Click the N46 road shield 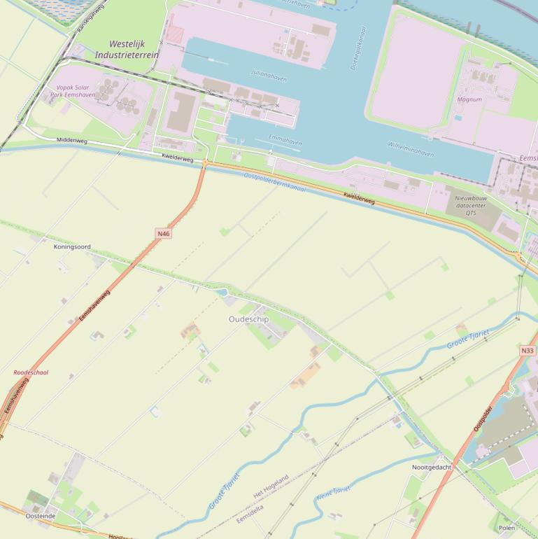[x=163, y=234]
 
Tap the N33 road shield [x=528, y=350]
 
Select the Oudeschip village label [x=248, y=319]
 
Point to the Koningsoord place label [x=72, y=247]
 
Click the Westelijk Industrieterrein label [x=127, y=50]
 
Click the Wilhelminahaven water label [x=411, y=149]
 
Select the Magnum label [x=469, y=99]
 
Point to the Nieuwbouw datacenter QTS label [x=470, y=206]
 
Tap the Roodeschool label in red [x=31, y=372]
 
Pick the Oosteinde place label [x=41, y=516]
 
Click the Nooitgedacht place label [x=432, y=467]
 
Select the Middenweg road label [x=72, y=141]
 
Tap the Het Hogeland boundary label [x=271, y=487]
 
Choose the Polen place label [x=507, y=528]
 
